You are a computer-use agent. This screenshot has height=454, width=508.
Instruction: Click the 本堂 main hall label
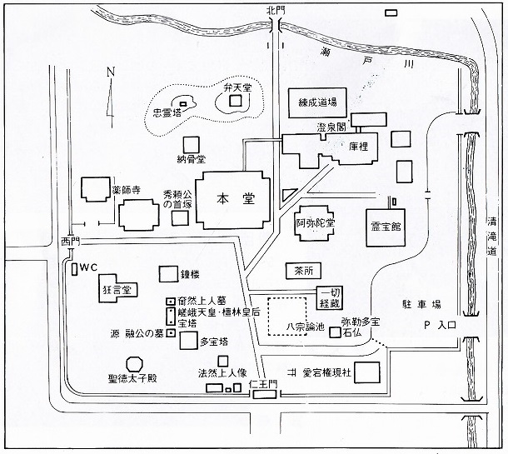click(x=236, y=198)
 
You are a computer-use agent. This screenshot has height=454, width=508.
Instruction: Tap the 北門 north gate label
click(x=276, y=10)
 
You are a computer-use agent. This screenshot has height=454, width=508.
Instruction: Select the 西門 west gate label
click(x=71, y=241)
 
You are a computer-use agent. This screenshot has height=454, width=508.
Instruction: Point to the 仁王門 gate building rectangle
click(x=265, y=394)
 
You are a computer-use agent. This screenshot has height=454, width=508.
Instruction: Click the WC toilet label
click(x=88, y=267)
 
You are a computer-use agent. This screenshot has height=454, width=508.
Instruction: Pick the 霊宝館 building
click(x=386, y=227)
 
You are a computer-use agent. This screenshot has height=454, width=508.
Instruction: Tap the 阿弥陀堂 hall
click(x=315, y=223)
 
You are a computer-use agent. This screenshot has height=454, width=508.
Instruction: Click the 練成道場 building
click(x=317, y=102)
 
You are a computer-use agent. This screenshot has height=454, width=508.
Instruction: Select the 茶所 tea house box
click(x=304, y=271)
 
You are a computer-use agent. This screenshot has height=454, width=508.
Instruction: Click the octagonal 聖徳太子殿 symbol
click(x=134, y=364)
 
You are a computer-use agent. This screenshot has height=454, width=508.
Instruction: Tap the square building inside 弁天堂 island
click(x=236, y=101)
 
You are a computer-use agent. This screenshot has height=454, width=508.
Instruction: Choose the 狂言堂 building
click(x=117, y=288)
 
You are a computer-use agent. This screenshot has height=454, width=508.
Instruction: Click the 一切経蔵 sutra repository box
click(x=330, y=298)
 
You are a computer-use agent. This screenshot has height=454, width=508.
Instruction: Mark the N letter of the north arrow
click(x=111, y=72)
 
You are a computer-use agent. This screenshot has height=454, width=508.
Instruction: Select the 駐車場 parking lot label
click(x=421, y=304)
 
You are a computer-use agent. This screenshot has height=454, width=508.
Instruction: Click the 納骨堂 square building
click(x=192, y=145)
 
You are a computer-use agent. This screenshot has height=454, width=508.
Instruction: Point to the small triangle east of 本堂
click(x=287, y=196)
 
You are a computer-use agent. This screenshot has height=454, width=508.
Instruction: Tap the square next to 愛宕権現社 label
click(x=366, y=372)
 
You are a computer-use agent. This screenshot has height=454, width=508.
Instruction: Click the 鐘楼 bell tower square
click(x=168, y=274)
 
